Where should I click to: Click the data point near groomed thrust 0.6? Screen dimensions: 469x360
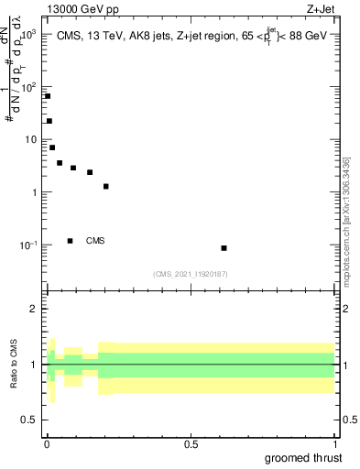pyautogui.click(x=224, y=248)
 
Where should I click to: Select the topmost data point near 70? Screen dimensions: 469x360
pyautogui.click(x=48, y=96)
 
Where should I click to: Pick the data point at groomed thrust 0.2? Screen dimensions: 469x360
pyautogui.click(x=106, y=187)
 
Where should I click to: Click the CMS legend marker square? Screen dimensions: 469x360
pyautogui.click(x=71, y=241)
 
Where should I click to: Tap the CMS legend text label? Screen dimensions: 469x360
pyautogui.click(x=95, y=241)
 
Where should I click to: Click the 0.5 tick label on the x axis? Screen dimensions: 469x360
pyautogui.click(x=191, y=444)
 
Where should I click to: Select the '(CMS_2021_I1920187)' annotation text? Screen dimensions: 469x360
pyautogui.click(x=191, y=274)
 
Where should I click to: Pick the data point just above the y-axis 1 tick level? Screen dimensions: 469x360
pyautogui.click(x=106, y=187)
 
